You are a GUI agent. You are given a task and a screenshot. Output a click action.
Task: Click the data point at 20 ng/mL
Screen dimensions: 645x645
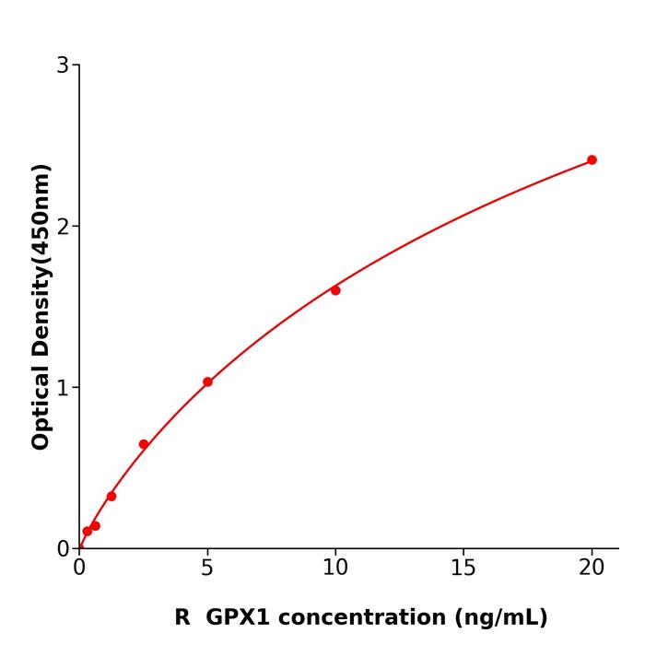tap(592, 159)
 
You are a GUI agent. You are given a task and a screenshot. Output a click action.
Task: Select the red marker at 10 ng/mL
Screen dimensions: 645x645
tap(335, 290)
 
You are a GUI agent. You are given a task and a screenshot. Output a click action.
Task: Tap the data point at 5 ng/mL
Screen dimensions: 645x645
tap(207, 381)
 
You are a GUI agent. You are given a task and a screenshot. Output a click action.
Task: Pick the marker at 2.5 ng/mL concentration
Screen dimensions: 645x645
tap(144, 444)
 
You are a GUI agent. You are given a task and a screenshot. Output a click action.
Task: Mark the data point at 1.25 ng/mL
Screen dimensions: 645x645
tap(111, 496)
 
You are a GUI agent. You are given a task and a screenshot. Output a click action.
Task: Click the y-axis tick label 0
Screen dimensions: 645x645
tap(63, 548)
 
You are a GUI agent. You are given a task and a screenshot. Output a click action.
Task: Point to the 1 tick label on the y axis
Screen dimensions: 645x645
tap(63, 387)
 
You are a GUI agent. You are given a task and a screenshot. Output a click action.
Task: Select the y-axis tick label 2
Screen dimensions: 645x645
tap(63, 226)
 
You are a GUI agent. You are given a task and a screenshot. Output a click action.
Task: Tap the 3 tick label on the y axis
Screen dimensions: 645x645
tap(63, 64)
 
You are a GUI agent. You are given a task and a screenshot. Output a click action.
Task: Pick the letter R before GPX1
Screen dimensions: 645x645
tap(182, 617)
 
